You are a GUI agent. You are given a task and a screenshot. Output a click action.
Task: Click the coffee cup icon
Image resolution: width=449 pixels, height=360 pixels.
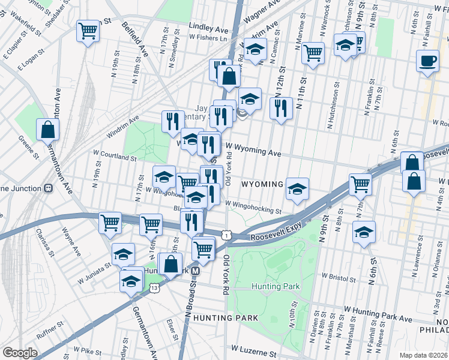click(x=427, y=61)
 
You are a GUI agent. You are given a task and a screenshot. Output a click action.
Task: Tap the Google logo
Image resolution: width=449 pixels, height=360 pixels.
click(x=20, y=353)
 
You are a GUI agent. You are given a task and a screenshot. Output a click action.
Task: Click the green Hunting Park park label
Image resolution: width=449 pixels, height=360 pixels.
click(x=276, y=287)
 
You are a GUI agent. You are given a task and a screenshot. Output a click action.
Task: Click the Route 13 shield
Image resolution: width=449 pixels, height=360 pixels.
click(x=154, y=289)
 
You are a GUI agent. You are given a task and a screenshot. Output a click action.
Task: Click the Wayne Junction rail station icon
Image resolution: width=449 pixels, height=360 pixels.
click(x=49, y=188)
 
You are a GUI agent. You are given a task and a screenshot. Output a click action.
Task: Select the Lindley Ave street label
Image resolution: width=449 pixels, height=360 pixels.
click(x=208, y=28)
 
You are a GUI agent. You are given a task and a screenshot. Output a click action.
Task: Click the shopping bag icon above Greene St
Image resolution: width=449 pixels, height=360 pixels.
click(x=47, y=129)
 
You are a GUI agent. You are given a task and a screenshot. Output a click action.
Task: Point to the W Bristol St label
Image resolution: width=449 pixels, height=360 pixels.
click(x=340, y=277)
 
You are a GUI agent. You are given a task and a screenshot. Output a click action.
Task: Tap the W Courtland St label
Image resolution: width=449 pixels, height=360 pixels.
click(x=114, y=157)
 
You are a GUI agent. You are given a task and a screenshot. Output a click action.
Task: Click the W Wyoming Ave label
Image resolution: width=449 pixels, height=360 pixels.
click(x=253, y=153)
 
